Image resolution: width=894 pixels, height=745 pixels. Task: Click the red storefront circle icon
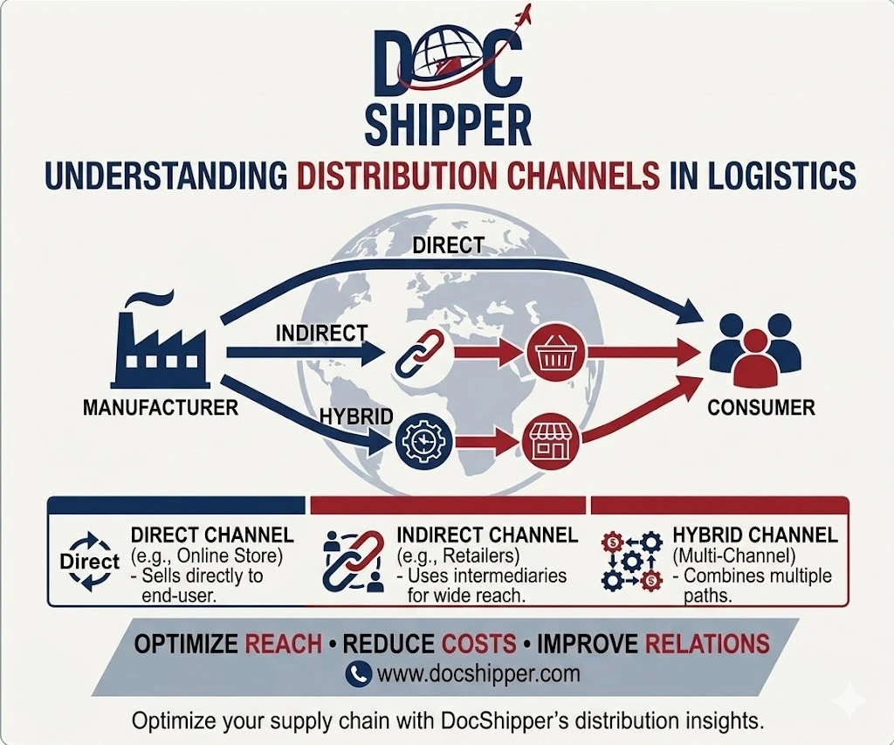click(551, 442)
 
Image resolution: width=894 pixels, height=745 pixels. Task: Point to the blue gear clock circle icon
click(423, 442)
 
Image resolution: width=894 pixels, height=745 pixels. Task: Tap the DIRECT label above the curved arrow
click(448, 245)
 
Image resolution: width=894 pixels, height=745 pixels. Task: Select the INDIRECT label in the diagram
click(321, 333)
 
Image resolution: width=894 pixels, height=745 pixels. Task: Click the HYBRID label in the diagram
click(356, 417)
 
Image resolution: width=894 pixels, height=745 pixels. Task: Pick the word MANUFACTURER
click(161, 408)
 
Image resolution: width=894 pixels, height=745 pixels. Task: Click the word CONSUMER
click(761, 408)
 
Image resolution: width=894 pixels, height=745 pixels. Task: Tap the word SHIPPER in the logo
click(448, 124)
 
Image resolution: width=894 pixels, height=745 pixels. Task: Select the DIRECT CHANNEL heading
click(213, 535)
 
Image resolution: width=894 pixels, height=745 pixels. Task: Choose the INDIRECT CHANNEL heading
click(487, 535)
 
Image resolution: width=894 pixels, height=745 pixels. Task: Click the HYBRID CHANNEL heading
click(755, 535)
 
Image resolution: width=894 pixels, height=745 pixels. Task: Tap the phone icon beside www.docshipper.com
click(359, 673)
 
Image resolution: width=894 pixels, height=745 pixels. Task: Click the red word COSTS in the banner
click(479, 644)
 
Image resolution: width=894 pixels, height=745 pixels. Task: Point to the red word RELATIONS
click(707, 644)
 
